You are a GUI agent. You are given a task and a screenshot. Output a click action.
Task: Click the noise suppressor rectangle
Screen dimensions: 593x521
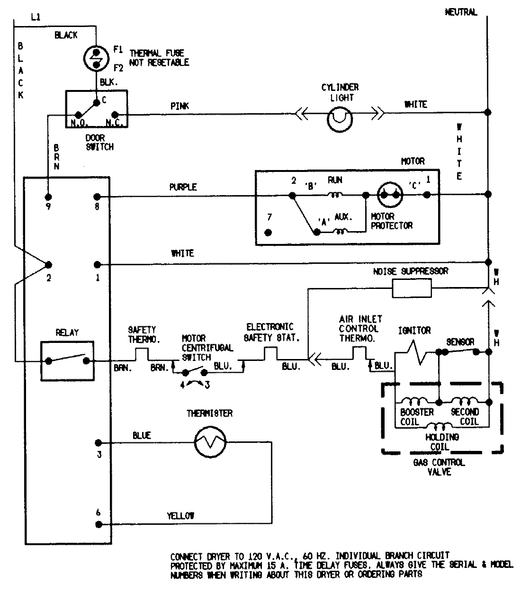click(412, 288)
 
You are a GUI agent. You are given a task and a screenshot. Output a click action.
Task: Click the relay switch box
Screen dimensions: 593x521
click(67, 360)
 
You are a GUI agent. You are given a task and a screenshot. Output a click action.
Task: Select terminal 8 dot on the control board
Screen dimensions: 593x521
click(97, 196)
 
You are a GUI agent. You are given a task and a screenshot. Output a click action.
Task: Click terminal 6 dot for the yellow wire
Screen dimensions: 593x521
click(98, 524)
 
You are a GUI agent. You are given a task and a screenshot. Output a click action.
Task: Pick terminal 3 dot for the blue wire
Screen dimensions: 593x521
click(98, 443)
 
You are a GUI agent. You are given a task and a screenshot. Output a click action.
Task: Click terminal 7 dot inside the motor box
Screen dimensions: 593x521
click(269, 233)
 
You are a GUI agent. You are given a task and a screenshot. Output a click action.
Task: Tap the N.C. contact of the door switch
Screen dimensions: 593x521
click(115, 115)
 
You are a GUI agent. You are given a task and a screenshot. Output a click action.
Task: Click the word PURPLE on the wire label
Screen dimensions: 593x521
click(183, 187)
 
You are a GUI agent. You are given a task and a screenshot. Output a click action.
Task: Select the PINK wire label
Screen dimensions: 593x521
click(180, 106)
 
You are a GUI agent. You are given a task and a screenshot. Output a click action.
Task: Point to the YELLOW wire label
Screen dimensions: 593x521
click(180, 516)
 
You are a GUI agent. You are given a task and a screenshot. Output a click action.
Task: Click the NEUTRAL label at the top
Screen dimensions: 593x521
click(460, 12)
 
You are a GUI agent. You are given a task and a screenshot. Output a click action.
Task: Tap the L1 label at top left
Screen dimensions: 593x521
click(36, 18)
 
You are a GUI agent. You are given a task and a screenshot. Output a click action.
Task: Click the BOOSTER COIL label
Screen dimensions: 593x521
click(416, 417)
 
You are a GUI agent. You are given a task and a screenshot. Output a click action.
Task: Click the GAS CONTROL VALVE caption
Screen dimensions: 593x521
click(439, 467)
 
